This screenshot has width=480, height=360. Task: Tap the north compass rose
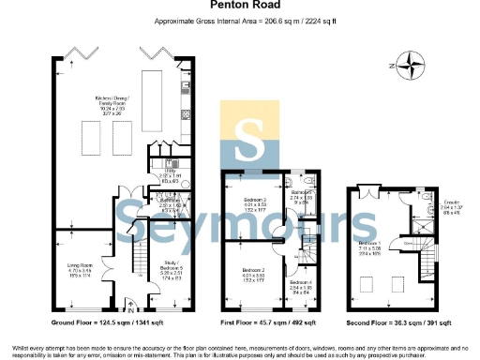[410, 66]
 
